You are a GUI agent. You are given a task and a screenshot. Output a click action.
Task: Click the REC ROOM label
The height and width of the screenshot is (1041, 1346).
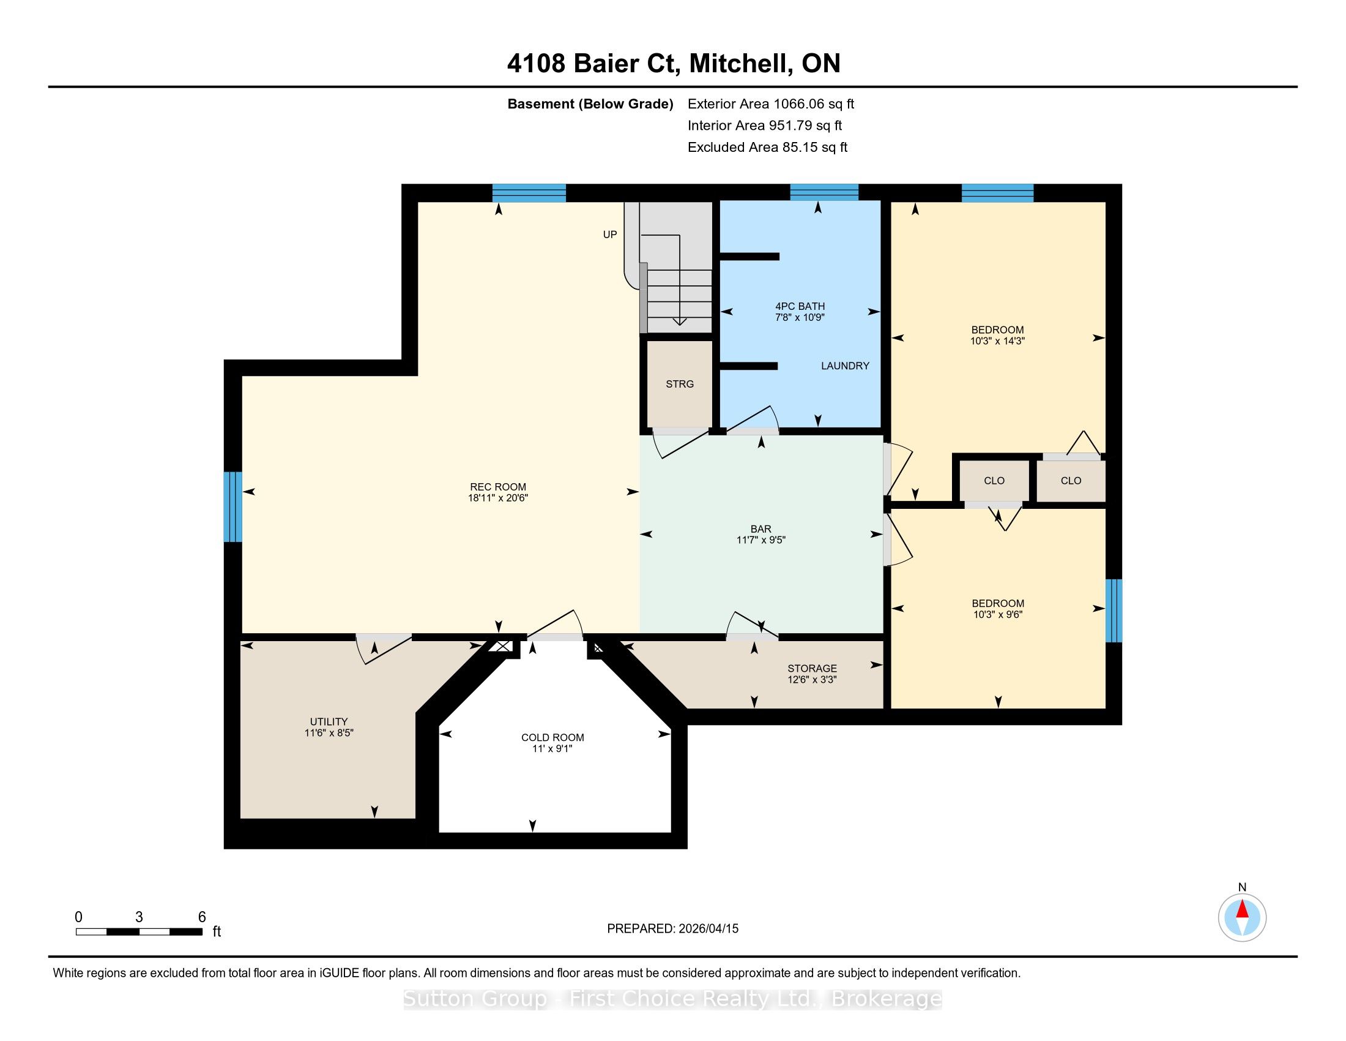tap(498, 487)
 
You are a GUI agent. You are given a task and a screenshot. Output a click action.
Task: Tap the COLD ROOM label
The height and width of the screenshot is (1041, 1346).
tap(552, 738)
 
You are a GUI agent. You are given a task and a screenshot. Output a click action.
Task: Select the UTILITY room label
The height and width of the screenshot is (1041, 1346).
tap(329, 721)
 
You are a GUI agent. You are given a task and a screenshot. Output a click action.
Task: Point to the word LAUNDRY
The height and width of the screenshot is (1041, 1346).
tap(845, 366)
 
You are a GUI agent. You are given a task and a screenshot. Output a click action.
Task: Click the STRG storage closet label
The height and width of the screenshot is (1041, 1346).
tap(680, 383)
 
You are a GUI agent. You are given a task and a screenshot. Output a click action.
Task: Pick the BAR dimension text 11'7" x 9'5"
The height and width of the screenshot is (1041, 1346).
tap(761, 539)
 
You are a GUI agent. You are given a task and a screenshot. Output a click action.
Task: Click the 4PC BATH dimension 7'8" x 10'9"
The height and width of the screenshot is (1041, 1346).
tap(800, 317)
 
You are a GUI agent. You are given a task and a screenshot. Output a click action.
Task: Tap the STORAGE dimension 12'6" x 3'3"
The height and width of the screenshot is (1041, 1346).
tap(812, 680)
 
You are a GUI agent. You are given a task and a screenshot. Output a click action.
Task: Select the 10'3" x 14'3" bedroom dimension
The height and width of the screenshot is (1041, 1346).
tap(997, 340)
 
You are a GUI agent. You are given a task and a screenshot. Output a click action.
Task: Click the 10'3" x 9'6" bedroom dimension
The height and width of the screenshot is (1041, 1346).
tap(998, 614)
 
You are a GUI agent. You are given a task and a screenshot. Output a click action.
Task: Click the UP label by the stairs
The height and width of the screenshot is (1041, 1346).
tap(610, 235)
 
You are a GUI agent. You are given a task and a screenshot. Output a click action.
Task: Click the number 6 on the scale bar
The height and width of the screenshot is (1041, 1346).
tap(201, 917)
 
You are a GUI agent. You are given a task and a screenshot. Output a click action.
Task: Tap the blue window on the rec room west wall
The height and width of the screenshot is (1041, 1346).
tap(233, 507)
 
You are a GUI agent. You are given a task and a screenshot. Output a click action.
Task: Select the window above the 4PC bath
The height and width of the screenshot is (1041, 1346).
tap(824, 192)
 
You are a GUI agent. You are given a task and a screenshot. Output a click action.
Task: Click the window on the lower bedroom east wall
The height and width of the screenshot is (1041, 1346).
tap(1114, 611)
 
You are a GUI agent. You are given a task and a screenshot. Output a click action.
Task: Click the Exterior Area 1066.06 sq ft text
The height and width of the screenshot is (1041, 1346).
tap(771, 103)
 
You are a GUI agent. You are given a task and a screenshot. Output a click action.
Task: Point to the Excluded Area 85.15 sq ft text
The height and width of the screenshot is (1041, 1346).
tap(768, 147)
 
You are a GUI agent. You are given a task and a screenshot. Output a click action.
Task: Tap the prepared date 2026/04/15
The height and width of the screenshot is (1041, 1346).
tap(707, 928)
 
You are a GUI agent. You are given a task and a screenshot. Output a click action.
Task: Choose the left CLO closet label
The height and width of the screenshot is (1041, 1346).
tap(994, 481)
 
